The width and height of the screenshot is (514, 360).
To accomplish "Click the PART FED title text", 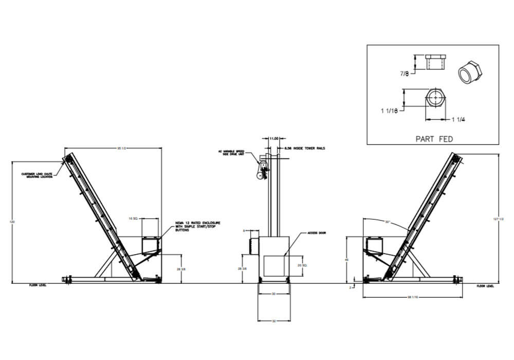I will tap(433, 138).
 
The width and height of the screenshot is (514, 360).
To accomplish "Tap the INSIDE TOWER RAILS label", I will tap(307, 148).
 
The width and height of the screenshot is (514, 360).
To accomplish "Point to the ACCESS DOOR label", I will tap(316, 233).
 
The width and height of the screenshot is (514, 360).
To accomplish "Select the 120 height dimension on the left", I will tap(12, 222).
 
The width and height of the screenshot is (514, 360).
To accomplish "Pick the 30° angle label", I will tap(387, 222).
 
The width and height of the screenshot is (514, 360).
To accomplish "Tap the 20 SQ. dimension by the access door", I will tap(302, 265).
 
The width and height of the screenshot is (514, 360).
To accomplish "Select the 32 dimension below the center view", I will tap(273, 321).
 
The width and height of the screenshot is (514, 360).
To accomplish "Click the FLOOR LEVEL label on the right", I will tap(485, 285).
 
